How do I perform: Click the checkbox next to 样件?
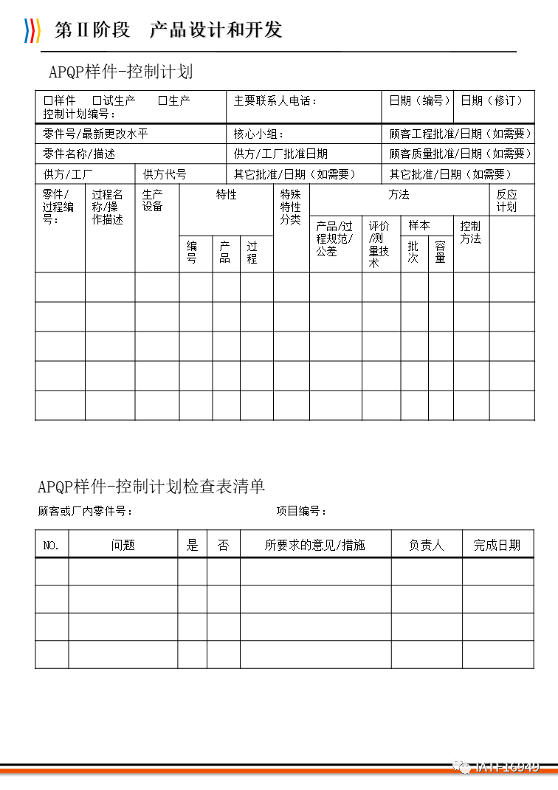point(48,100)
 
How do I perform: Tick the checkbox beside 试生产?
point(97,100)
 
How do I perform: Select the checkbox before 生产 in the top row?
point(162,100)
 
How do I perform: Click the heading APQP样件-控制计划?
point(120,72)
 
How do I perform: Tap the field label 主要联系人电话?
point(275,100)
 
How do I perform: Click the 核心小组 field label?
point(258,134)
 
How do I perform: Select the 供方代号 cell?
point(165,174)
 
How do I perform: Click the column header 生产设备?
point(153,200)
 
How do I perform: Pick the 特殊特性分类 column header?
point(291,207)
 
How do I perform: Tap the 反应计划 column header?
point(507,200)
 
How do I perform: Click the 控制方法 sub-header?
point(470,232)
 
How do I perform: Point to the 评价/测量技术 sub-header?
point(379,244)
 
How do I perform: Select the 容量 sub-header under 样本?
point(440,252)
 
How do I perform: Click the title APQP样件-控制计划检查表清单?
point(151,486)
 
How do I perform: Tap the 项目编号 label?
point(300,511)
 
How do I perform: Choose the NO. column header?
point(51,546)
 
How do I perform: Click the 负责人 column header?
point(426,546)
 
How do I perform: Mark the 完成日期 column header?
point(497,546)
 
